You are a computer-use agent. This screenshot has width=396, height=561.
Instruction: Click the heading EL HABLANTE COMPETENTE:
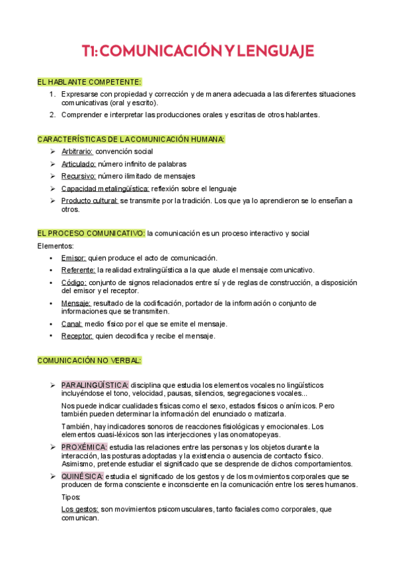pyautogui.click(x=90, y=82)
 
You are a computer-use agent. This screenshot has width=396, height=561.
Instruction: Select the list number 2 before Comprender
pyautogui.click(x=52, y=114)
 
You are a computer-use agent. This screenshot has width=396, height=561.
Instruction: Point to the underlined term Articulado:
pyautogui.click(x=78, y=163)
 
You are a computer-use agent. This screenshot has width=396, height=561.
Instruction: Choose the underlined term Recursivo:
pyautogui.click(x=78, y=176)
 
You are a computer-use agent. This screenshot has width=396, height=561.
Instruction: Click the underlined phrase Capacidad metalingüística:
pyautogui.click(x=104, y=189)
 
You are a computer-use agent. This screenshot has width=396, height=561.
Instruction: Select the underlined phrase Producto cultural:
pyautogui.click(x=89, y=200)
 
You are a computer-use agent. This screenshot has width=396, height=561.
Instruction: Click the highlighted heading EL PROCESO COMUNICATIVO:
pyautogui.click(x=91, y=233)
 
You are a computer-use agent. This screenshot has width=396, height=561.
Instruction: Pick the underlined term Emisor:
pyautogui.click(x=73, y=258)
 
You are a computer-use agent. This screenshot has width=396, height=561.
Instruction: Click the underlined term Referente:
pyautogui.click(x=78, y=270)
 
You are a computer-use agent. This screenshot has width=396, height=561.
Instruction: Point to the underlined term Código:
pyautogui.click(x=74, y=282)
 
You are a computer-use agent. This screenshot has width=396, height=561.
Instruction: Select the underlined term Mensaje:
pyautogui.click(x=76, y=303)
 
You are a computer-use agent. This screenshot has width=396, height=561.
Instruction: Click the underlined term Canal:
pyautogui.click(x=71, y=324)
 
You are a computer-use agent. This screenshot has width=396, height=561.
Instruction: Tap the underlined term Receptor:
pyautogui.click(x=77, y=336)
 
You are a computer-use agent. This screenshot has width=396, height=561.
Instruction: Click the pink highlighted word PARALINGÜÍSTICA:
pyautogui.click(x=95, y=384)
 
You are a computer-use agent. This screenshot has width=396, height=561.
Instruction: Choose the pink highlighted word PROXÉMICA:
pyautogui.click(x=83, y=447)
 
